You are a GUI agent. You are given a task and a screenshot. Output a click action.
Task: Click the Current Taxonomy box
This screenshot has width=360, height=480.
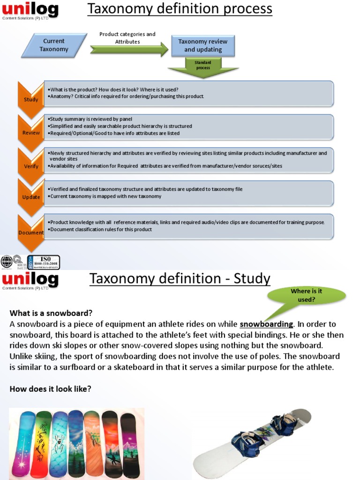[54, 45]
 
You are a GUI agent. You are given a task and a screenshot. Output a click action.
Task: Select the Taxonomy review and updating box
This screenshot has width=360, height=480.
[203, 45]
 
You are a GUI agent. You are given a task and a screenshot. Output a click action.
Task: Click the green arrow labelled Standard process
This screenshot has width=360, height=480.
[203, 68]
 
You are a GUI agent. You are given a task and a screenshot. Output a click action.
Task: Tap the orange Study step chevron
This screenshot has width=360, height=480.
[31, 99]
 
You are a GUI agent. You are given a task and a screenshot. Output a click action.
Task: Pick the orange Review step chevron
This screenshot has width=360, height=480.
[31, 132]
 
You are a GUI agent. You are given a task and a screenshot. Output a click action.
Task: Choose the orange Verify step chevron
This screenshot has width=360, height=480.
[31, 165]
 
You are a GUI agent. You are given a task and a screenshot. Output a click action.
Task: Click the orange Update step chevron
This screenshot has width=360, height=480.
[31, 197]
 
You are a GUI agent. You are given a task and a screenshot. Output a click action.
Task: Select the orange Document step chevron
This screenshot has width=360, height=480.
[31, 232]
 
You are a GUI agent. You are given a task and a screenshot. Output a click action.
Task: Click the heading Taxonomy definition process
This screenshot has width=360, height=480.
[180, 8]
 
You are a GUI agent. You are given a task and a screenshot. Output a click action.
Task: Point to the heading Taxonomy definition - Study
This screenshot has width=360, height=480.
[180, 278]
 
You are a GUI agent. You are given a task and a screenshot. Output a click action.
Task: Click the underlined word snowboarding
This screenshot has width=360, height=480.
[266, 324]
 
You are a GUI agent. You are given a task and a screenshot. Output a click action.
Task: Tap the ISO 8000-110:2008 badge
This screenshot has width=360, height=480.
[45, 262]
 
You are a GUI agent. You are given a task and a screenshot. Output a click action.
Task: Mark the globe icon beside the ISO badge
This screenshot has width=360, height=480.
[7, 262]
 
